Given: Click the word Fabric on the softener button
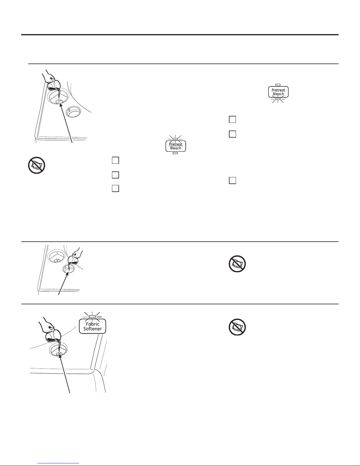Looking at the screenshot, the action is [x=92, y=324].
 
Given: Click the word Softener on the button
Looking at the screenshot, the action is [x=92, y=329].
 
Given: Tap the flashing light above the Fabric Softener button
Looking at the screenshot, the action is [x=92, y=317].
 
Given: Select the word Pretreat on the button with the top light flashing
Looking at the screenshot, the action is [x=175, y=144].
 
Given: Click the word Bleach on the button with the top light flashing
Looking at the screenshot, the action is [x=175, y=148].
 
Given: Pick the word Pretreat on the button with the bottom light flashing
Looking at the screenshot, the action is [x=278, y=90].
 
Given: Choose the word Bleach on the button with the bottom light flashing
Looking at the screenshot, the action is [x=278, y=94].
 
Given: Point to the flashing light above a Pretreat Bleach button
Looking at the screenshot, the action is [x=175, y=139].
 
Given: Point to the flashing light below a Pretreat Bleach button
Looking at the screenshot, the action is [x=278, y=99].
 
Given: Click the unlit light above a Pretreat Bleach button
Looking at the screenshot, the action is [x=278, y=85].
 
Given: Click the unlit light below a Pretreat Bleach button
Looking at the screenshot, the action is [x=175, y=153].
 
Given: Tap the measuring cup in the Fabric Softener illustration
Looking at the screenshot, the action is [x=53, y=336].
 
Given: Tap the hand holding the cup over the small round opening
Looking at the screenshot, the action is [x=78, y=252].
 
